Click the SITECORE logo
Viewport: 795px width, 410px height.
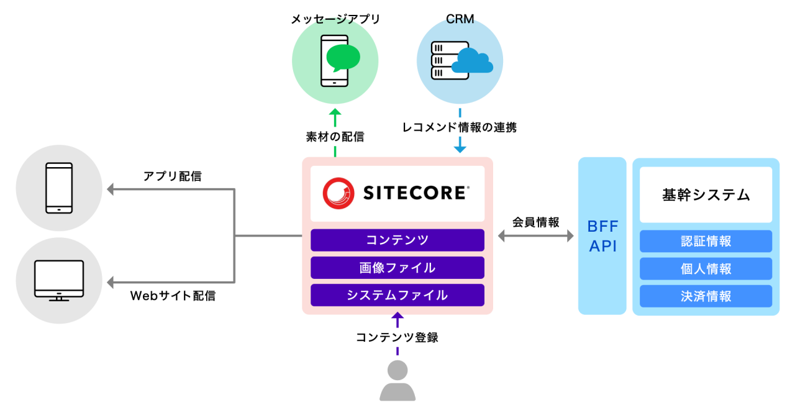[x=396, y=193]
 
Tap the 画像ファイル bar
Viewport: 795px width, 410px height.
[x=397, y=268]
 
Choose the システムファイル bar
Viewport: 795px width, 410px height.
[x=397, y=295]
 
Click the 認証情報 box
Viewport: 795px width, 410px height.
[x=706, y=241]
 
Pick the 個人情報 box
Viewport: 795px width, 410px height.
[x=706, y=269]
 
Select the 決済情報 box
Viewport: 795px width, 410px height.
[x=706, y=296]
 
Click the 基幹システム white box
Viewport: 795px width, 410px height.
[x=706, y=195]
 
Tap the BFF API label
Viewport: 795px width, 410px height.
[x=602, y=236]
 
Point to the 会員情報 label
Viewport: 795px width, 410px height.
[x=535, y=222]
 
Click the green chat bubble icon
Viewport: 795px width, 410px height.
[x=343, y=58]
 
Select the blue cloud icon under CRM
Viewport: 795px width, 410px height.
[x=472, y=60]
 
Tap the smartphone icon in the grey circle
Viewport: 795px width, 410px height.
[x=59, y=188]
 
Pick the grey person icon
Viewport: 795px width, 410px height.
[x=397, y=380]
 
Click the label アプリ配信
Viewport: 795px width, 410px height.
[x=172, y=176]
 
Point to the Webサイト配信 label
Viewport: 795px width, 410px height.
[x=172, y=296]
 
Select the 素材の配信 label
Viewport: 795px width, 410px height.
[x=335, y=137]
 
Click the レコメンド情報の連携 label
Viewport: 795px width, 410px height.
[x=459, y=127]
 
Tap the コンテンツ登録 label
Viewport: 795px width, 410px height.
[x=397, y=337]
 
